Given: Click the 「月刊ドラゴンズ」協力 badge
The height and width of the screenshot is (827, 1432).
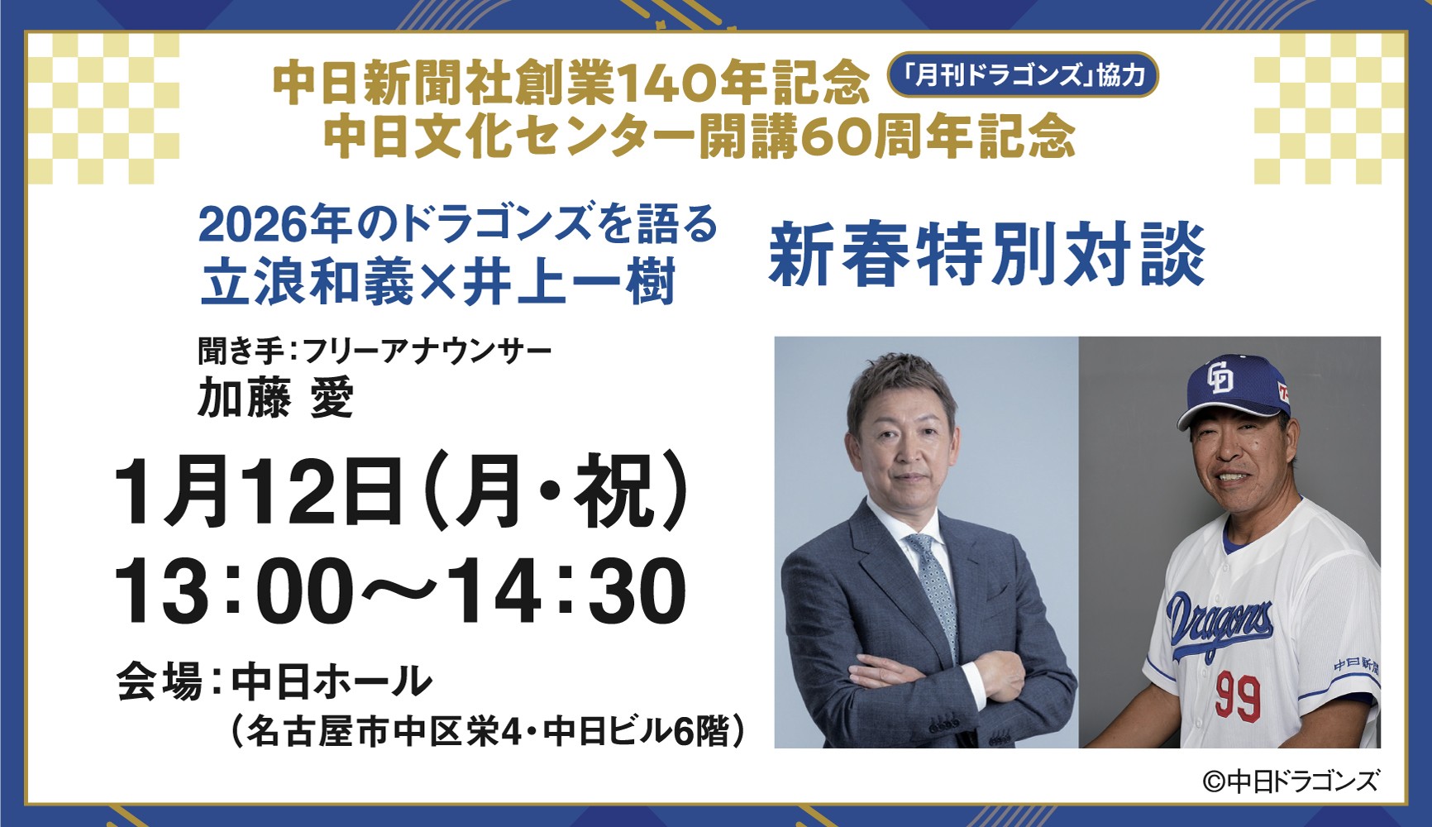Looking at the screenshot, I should tap(1023, 76).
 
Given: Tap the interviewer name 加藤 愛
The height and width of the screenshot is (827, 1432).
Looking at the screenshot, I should tap(275, 399).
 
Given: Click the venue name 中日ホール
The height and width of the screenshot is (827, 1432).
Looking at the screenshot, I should tap(332, 682).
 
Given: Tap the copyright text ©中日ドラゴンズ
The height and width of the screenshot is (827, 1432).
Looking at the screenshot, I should tap(1290, 781).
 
